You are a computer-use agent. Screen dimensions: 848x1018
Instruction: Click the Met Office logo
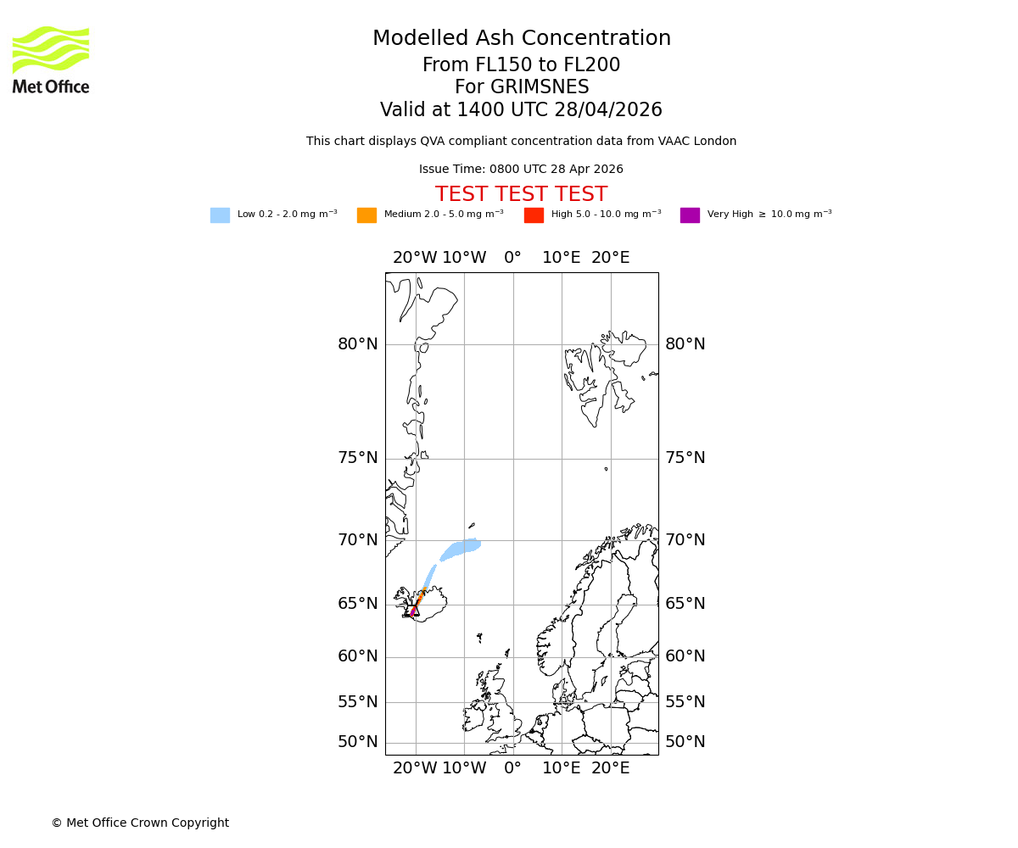point(51,59)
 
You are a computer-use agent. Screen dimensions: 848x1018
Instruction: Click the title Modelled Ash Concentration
point(521,39)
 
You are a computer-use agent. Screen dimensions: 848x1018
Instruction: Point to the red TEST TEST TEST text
point(521,194)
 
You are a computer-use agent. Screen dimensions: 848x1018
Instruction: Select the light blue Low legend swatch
point(220,215)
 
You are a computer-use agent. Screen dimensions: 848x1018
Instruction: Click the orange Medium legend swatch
point(366,215)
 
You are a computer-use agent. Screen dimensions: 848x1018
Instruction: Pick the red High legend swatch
point(534,215)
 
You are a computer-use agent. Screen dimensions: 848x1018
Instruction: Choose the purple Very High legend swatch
point(690,215)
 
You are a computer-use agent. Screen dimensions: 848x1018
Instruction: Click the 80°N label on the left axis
point(357,344)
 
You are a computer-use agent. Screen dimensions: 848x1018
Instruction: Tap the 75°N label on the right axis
point(685,458)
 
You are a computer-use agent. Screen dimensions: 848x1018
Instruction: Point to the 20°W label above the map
point(415,258)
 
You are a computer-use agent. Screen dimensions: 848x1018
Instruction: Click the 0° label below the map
point(512,768)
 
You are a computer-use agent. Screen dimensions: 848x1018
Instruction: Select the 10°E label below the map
point(562,768)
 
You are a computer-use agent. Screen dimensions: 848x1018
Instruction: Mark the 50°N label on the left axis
point(357,742)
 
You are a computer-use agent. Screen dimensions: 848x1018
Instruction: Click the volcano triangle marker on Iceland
point(414,610)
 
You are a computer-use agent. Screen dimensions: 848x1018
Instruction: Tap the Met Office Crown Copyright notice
point(140,823)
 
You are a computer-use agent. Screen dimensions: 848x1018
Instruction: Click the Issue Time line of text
point(521,169)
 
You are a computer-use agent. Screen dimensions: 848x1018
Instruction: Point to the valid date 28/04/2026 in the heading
point(608,110)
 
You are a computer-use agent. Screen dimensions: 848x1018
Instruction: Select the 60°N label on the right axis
point(685,656)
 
